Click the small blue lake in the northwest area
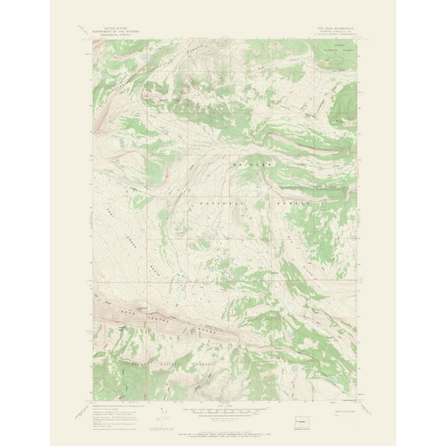point(123,144)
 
